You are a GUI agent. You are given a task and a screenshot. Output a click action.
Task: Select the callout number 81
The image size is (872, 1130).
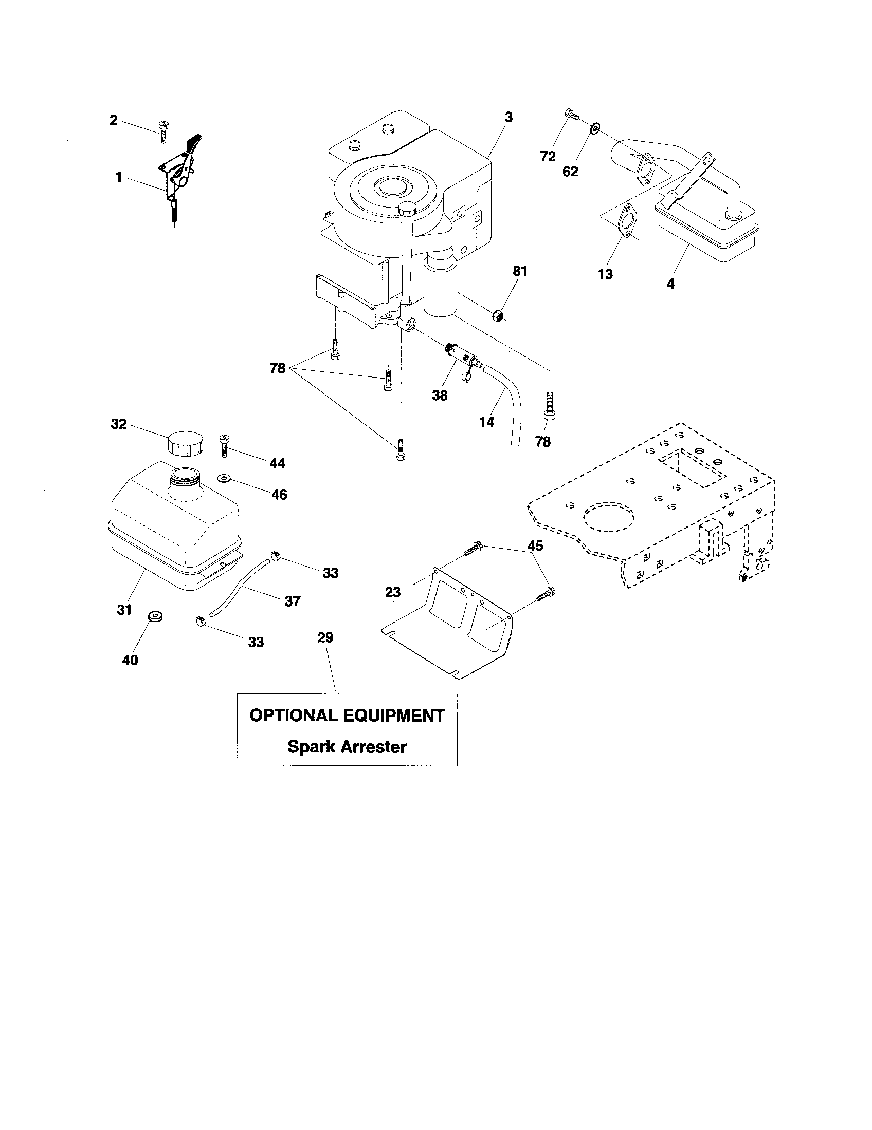(519, 271)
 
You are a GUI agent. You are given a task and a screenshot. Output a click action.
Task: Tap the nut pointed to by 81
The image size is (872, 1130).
(498, 314)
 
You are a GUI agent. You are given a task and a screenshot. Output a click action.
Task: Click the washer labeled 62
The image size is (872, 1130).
(596, 127)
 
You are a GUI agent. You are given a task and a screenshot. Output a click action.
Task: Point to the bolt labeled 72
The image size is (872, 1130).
(572, 115)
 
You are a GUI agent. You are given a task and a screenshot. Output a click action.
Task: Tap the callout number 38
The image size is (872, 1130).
(440, 395)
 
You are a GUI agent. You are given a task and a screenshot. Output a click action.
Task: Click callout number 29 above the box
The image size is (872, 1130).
(325, 637)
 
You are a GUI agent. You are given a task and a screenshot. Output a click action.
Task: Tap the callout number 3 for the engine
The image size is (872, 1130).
(508, 118)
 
